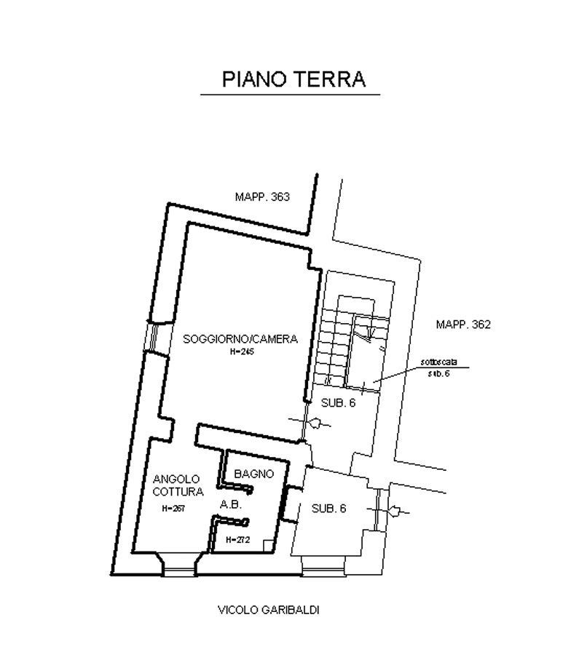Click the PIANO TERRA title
(293, 79)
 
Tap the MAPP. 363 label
(262, 196)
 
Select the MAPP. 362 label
(463, 324)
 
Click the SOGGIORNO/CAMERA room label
(240, 339)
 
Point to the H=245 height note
(240, 351)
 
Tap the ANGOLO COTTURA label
(176, 485)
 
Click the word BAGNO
(253, 474)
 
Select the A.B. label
(230, 504)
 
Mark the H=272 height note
(237, 540)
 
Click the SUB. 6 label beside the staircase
(339, 402)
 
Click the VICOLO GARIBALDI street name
(269, 609)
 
